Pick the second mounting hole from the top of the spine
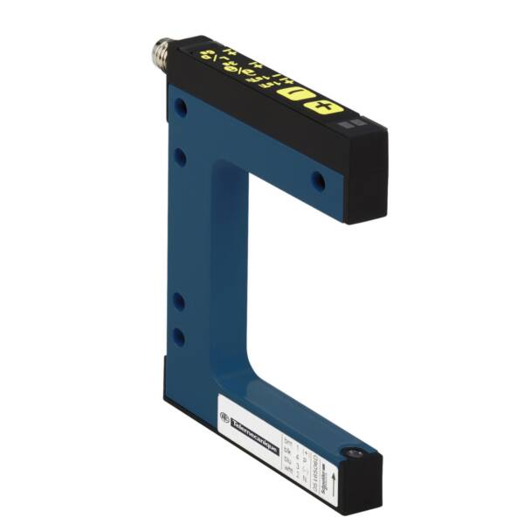tap(179, 157)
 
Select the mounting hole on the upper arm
tap(318, 181)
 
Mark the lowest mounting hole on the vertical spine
tap(178, 335)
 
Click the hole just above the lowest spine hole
tap(178, 301)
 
